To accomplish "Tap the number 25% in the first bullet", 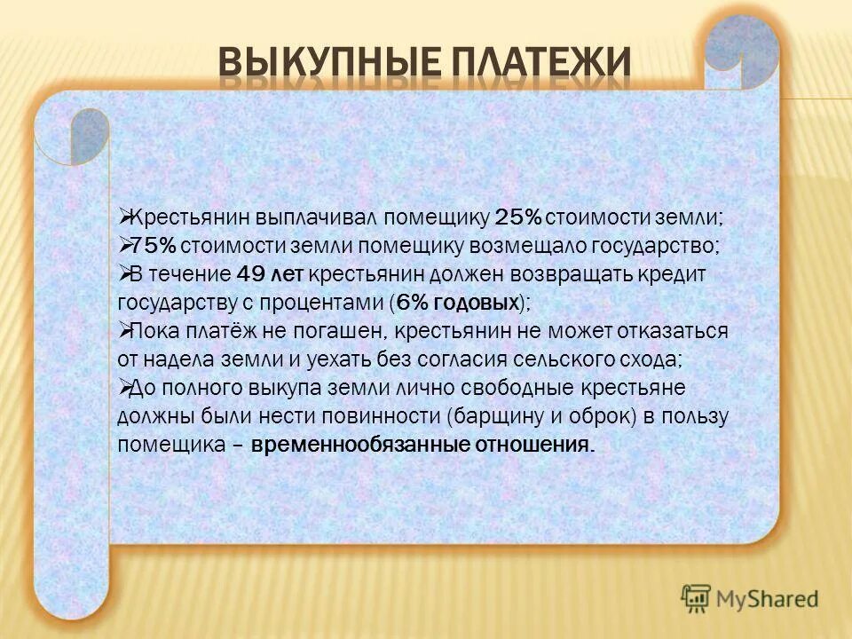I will coord(518,217).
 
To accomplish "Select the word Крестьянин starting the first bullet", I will coord(192,217).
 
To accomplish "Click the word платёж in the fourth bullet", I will coord(206,331).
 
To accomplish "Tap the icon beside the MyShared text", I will coord(697,598).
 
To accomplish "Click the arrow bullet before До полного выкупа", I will coord(125,388).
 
